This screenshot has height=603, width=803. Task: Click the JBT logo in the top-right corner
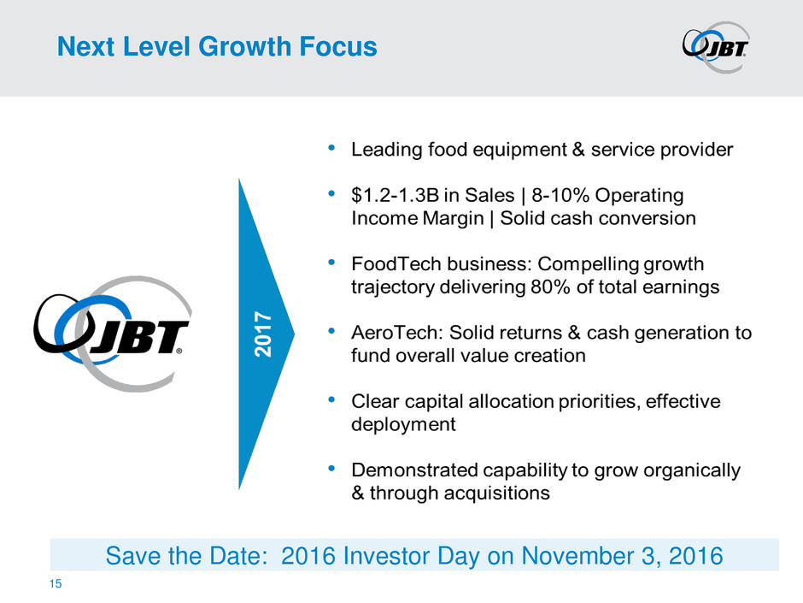716,47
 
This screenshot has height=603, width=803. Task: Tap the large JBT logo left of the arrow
113,334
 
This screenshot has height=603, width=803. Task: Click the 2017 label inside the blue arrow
263,334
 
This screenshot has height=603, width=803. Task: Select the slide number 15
56,583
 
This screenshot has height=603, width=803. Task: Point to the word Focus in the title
338,46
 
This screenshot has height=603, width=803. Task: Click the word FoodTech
396,263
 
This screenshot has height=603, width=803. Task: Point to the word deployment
403,424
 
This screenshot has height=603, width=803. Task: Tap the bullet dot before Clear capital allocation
331,399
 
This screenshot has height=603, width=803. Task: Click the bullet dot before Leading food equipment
331,148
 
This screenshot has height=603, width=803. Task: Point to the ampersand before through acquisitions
357,493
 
